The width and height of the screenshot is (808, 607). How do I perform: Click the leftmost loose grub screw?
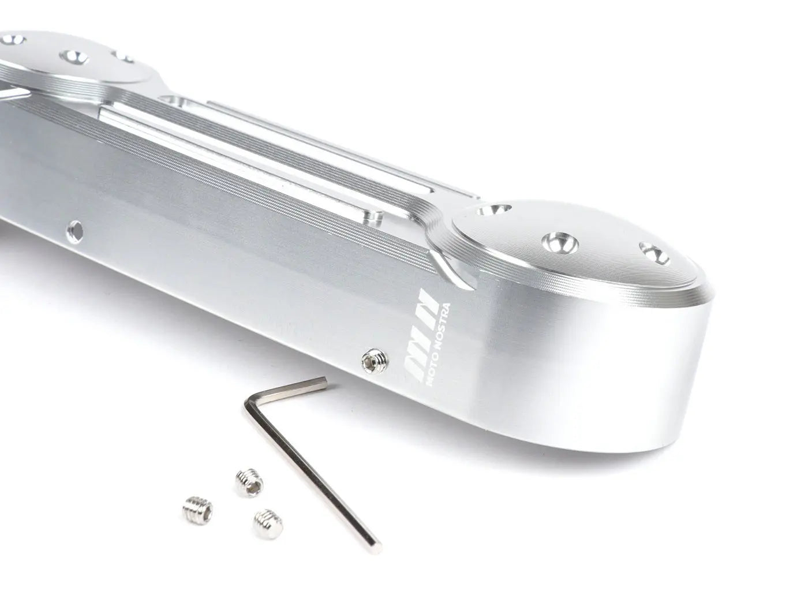pyautogui.click(x=199, y=509)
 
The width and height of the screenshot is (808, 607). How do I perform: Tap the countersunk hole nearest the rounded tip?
pyautogui.click(x=654, y=253)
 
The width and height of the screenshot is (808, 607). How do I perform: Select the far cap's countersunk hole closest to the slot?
pyautogui.click(x=122, y=58)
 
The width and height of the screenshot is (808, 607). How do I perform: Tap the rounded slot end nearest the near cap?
pyautogui.click(x=373, y=217)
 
